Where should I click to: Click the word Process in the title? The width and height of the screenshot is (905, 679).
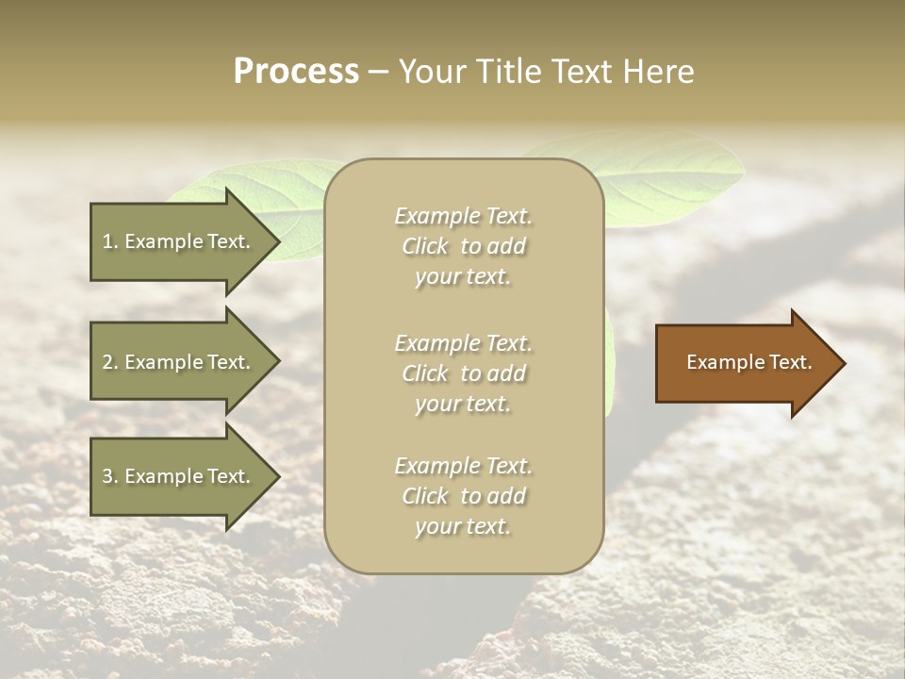click(296, 72)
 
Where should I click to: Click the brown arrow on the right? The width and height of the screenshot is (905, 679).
click(745, 363)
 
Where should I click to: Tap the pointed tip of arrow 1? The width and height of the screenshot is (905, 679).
click(277, 241)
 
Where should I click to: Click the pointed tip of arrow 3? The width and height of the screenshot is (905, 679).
click(277, 476)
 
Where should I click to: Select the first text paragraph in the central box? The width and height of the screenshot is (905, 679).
click(463, 246)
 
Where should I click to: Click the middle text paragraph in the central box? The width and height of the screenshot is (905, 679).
click(463, 373)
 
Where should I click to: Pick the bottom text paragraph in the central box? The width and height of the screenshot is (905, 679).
click(463, 496)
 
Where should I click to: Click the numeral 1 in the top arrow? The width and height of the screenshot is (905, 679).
click(107, 241)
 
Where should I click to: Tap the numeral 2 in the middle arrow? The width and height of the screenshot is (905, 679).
click(107, 362)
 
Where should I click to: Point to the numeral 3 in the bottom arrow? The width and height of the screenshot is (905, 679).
click(107, 476)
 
